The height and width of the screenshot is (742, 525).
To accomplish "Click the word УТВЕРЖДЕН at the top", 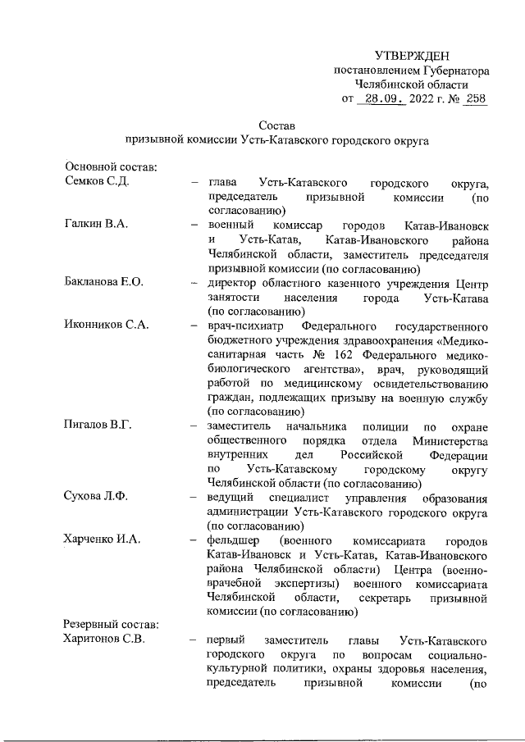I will click(412, 55).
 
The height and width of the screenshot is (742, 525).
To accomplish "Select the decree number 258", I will click(476, 99).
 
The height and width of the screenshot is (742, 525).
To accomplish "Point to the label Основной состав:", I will click(111, 167).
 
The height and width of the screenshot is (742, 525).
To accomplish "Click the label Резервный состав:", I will click(112, 625).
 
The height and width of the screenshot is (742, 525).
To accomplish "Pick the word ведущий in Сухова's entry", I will click(231, 497).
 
